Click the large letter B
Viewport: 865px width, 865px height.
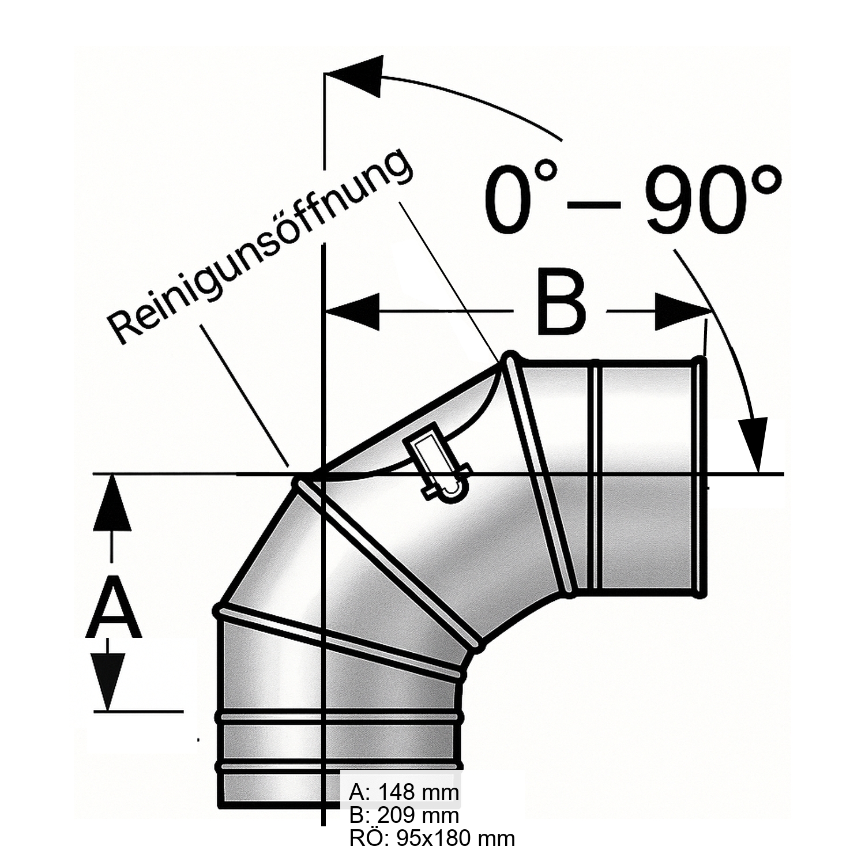point(561,301)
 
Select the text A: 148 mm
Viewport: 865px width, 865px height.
point(404,792)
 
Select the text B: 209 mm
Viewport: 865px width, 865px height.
point(404,815)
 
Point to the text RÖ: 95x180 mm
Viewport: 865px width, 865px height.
point(431,838)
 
